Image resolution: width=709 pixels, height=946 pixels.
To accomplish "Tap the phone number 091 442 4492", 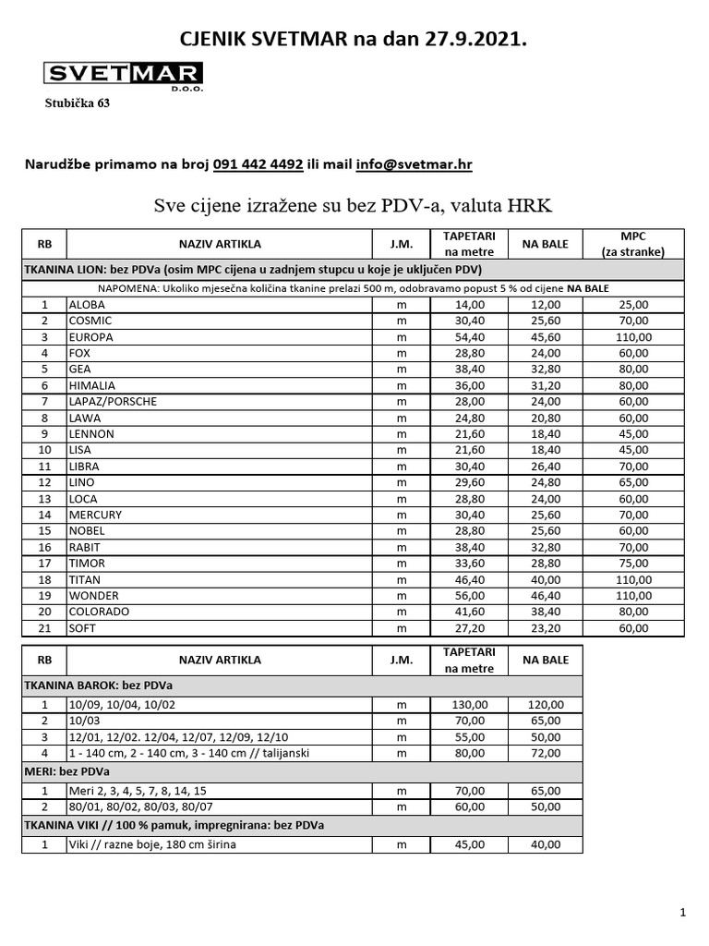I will (258, 164).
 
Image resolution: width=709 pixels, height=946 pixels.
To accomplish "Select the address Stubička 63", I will (78, 103).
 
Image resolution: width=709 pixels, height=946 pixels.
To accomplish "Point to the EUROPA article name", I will (90, 336).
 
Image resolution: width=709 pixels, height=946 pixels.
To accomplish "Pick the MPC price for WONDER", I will (632, 596).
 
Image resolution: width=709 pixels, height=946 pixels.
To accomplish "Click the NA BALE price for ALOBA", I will (546, 304).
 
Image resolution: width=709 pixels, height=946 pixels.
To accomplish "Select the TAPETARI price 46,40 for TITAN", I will (469, 579).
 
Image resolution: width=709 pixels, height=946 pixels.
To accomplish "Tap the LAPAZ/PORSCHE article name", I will (113, 401).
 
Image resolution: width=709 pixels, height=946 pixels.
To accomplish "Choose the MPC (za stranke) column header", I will (632, 244).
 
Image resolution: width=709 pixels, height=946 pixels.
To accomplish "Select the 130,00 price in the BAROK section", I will (469, 705).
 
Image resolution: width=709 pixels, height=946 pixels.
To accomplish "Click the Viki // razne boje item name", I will (146, 843).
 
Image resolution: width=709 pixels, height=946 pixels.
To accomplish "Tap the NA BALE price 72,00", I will (546, 753).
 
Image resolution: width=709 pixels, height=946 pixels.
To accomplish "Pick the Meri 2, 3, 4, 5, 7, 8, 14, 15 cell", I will (138, 791).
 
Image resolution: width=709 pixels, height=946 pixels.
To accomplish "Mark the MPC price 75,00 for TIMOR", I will (632, 564).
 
